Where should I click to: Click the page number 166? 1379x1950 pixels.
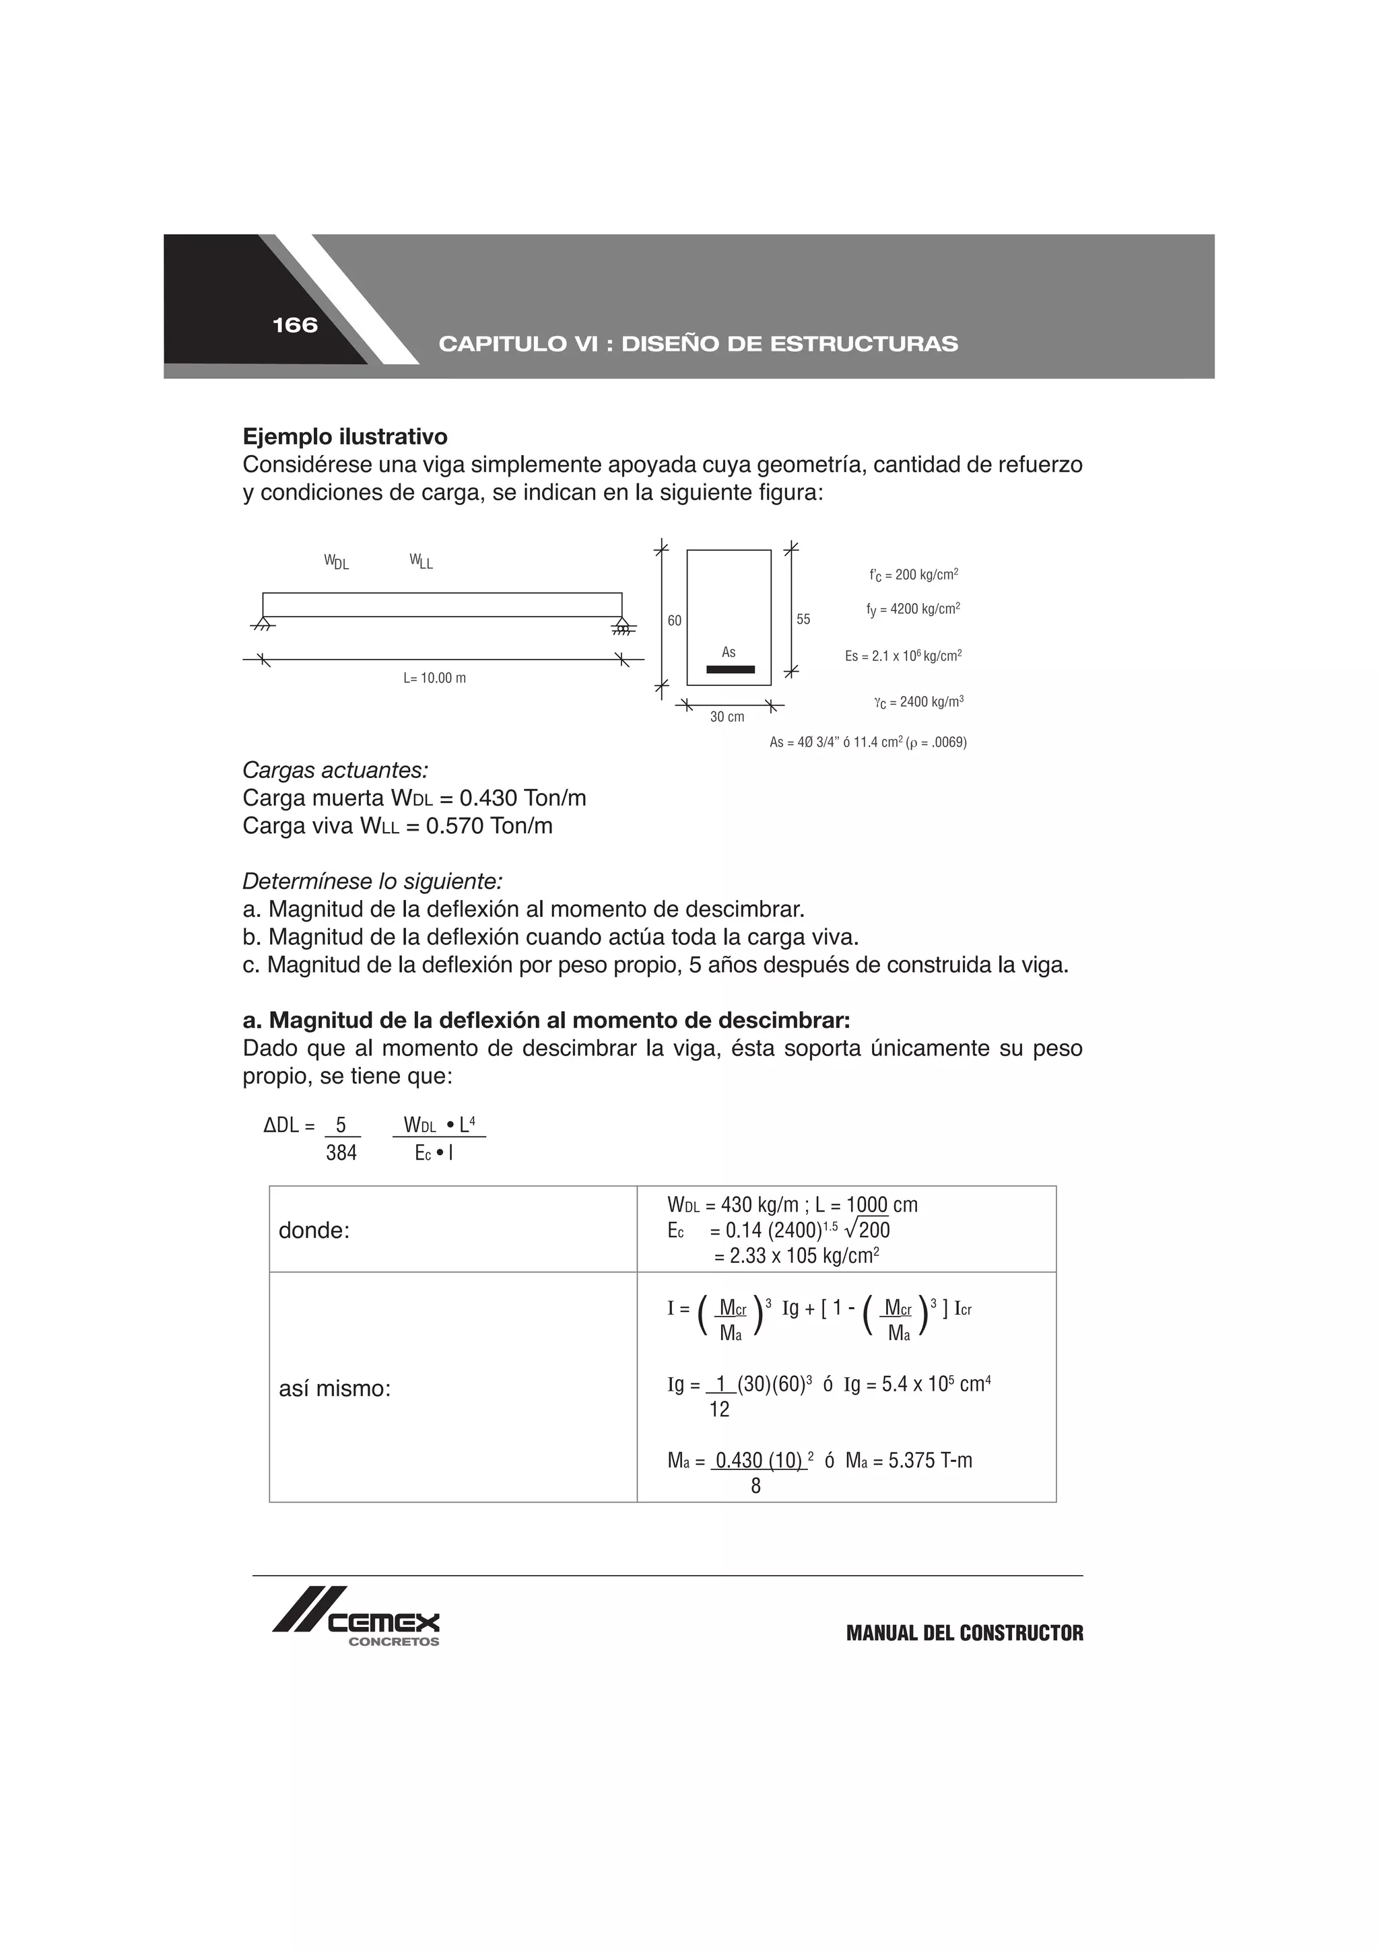(295, 325)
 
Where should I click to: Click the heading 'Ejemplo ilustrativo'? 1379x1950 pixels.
(345, 438)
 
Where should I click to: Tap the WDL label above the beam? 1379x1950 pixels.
(337, 561)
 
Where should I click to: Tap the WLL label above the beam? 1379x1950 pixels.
(421, 561)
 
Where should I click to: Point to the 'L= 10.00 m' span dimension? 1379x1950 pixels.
(434, 678)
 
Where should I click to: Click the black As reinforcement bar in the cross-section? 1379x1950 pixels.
(730, 669)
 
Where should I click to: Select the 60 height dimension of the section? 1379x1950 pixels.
(674, 621)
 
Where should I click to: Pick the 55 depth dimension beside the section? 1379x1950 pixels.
(803, 620)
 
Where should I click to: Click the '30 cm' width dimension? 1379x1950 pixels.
(727, 717)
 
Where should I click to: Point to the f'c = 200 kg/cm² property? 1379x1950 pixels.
(914, 575)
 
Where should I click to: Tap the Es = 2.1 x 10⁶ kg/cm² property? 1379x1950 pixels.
(903, 656)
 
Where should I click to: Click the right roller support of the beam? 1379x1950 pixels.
(623, 627)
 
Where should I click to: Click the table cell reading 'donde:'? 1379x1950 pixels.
(314, 1230)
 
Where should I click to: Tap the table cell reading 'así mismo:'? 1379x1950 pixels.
(335, 1389)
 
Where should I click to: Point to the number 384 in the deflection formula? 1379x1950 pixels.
(341, 1152)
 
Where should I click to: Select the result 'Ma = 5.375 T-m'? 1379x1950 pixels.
(908, 1460)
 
